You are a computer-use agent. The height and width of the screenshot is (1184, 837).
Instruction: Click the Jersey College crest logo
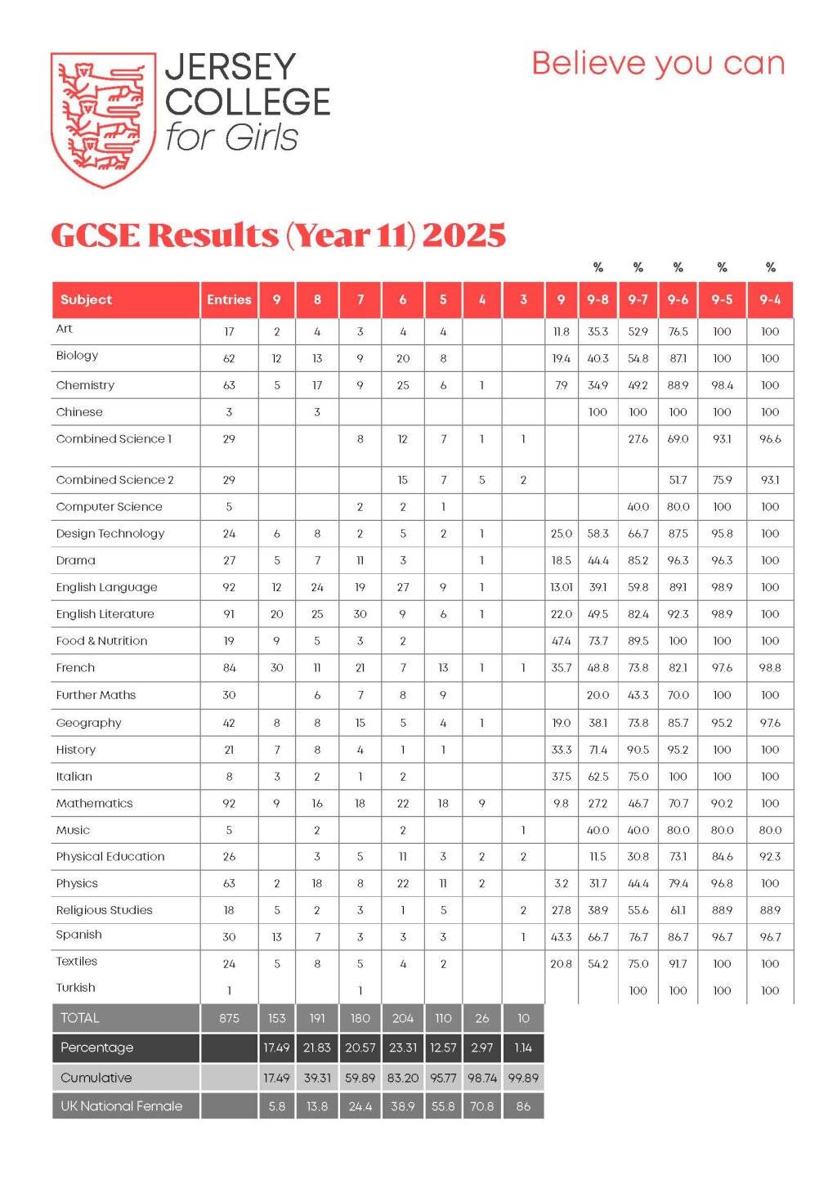pos(104,119)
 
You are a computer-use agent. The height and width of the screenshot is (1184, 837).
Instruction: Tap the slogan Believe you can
pos(658,64)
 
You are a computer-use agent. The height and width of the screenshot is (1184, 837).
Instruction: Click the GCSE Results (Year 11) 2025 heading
pos(278,235)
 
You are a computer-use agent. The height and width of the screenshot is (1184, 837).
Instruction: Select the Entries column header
pos(229,300)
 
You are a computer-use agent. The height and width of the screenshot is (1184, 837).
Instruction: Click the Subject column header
pos(87,300)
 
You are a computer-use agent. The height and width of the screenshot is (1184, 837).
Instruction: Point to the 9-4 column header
pos(770,300)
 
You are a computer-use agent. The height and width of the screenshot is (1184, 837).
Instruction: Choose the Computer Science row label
pos(110,507)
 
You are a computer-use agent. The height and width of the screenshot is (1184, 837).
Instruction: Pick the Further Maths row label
pos(96,695)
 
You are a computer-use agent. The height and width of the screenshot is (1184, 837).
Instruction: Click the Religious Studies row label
pos(104,910)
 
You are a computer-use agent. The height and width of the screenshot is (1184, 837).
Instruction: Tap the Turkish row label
pos(76,988)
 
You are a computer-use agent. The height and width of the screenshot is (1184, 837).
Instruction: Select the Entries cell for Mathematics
pos(229,804)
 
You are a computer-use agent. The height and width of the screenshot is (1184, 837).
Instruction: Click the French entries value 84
pos(229,668)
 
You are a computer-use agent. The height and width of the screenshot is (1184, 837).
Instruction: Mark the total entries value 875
pos(229,1018)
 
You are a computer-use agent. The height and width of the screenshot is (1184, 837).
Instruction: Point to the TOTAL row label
pos(80,1018)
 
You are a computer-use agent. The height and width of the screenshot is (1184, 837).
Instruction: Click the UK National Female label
pos(121,1106)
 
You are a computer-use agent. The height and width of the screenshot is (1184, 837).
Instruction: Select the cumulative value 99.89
pos(523,1078)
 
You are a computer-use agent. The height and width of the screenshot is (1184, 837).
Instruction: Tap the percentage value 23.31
pos(402,1047)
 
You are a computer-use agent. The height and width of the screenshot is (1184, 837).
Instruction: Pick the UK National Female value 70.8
pos(481,1106)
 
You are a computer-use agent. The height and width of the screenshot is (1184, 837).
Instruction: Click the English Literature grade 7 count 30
pos(360,614)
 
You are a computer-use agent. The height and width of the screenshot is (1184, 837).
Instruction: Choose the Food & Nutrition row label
pos(102,641)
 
